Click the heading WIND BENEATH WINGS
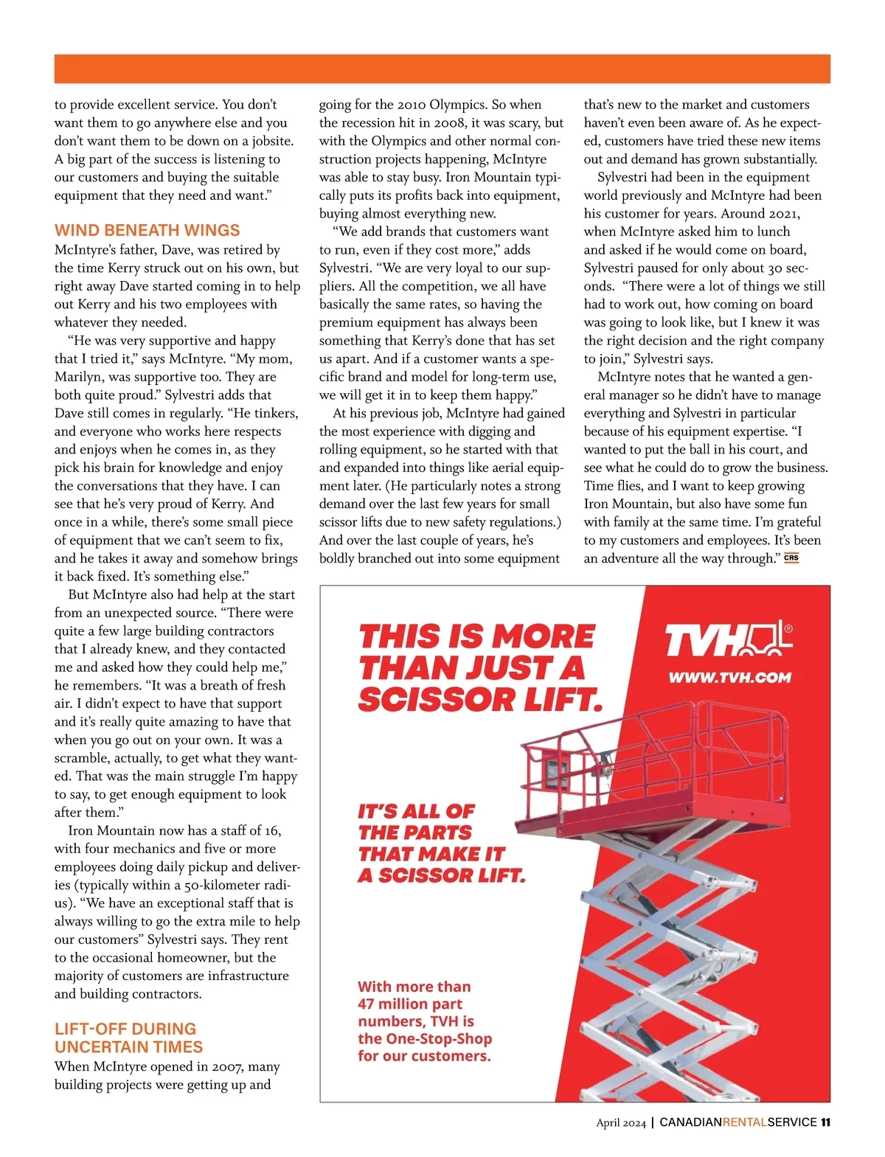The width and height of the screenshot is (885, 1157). pos(147,230)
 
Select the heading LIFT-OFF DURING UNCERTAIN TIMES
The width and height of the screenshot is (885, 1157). pos(128,1038)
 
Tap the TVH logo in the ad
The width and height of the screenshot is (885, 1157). pos(726,639)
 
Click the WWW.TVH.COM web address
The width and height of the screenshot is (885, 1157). pos(729,678)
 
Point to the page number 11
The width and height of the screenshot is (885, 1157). pos(825,1122)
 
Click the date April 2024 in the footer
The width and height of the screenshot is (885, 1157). pos(621,1123)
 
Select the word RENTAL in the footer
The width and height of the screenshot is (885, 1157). pos(744,1122)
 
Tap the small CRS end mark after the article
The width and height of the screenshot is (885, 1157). pos(791,558)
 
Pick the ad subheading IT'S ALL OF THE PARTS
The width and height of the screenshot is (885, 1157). pos(441,843)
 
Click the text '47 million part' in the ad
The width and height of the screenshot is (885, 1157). pos(410,1004)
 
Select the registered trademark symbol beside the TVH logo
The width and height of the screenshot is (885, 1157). pos(788,629)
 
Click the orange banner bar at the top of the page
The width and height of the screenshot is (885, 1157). pos(442,69)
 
